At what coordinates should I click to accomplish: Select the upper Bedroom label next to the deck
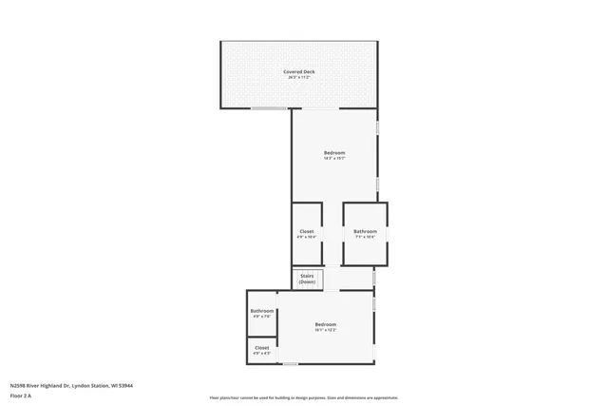[x=334, y=153]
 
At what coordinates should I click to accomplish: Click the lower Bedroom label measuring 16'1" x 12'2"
[x=326, y=324]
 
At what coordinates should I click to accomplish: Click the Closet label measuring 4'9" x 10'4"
[x=307, y=231]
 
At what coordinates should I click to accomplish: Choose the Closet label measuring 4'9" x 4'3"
[x=262, y=348]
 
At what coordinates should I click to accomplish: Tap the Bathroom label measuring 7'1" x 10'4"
[x=366, y=231]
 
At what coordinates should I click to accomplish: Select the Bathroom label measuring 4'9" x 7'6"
[x=262, y=311]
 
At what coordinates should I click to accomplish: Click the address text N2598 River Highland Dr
[x=71, y=386]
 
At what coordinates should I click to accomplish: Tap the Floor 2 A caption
[x=21, y=396]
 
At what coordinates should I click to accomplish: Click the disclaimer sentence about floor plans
[x=304, y=397]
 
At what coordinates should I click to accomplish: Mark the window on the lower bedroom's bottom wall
[x=291, y=364]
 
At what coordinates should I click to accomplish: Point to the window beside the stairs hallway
[x=374, y=279]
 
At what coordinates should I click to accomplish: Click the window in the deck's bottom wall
[x=271, y=108]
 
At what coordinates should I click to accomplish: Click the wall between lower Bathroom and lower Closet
[x=262, y=337]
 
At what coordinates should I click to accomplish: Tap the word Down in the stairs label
[x=308, y=282]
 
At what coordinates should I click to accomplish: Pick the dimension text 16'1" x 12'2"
[x=326, y=330]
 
